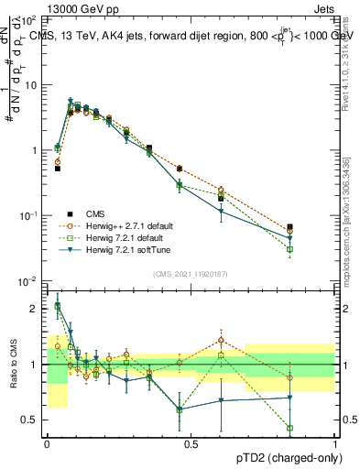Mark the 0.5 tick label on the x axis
191,443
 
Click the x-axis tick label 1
336,443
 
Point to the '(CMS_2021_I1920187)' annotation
191,274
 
